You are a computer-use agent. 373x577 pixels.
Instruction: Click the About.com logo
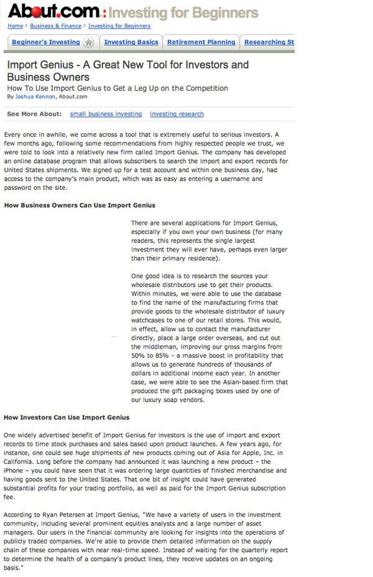click(x=53, y=11)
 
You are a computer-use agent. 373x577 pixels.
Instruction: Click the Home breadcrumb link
click(x=15, y=26)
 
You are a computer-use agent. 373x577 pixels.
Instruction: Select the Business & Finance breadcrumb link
click(x=55, y=26)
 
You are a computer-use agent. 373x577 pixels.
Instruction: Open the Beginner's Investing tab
click(x=46, y=42)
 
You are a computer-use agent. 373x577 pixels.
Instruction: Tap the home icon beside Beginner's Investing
click(x=89, y=42)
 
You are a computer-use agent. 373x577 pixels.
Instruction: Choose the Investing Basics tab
click(x=131, y=42)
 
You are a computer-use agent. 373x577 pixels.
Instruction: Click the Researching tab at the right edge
click(x=269, y=42)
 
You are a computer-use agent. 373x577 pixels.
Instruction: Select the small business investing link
click(x=106, y=114)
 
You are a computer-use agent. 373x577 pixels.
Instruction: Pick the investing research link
click(x=177, y=114)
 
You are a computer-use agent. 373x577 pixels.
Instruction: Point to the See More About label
click(x=34, y=114)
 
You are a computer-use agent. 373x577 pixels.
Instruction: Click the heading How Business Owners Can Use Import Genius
click(x=80, y=205)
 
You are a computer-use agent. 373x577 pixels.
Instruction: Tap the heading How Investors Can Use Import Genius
click(x=67, y=417)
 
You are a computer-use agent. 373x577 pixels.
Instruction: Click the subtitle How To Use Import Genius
click(x=117, y=88)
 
